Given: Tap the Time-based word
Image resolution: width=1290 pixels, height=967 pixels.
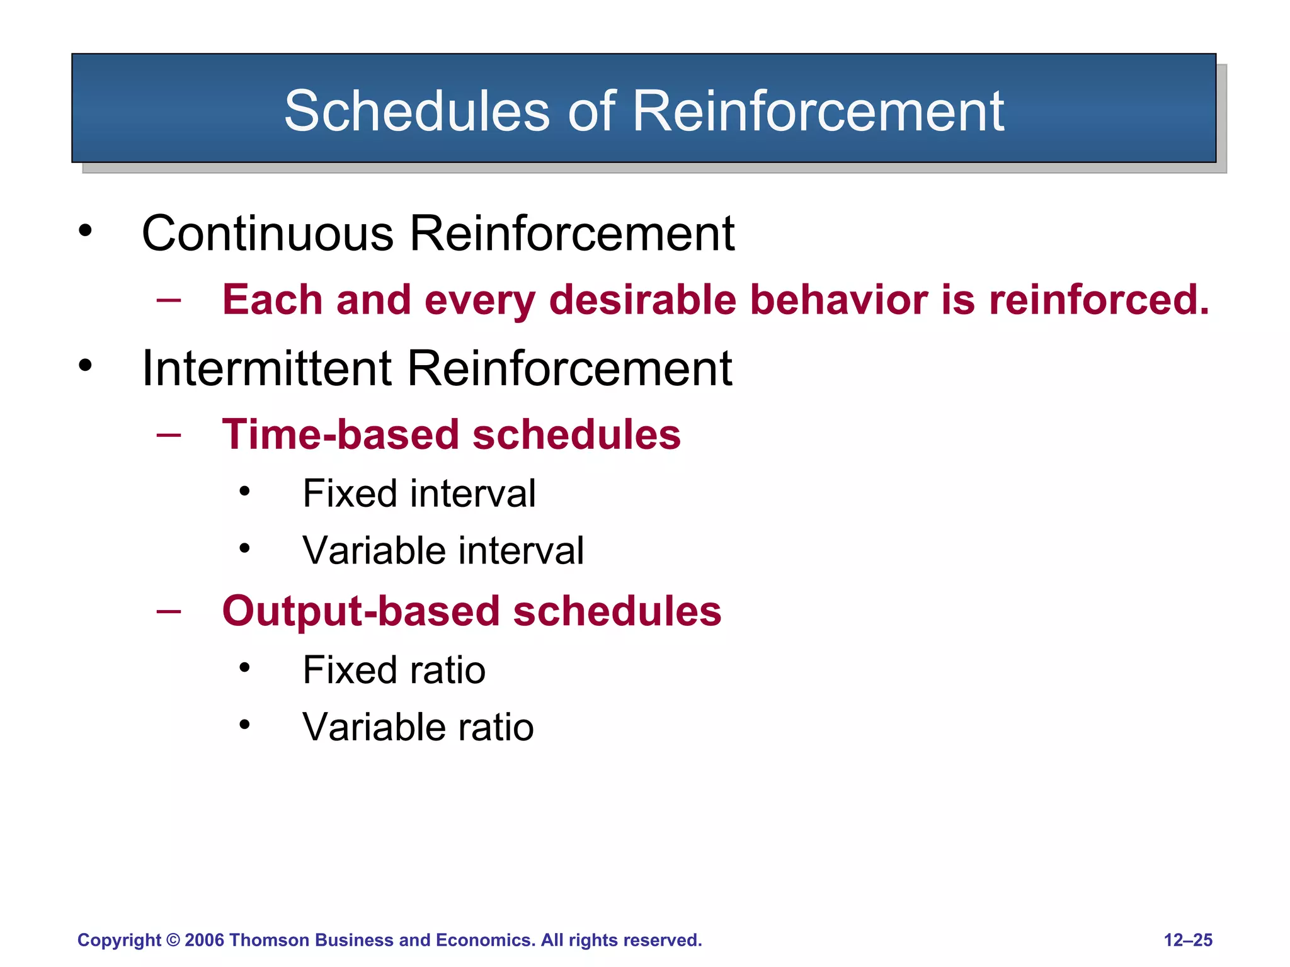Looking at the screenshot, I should (340, 434).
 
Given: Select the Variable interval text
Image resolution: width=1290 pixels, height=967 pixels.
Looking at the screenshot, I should (443, 550).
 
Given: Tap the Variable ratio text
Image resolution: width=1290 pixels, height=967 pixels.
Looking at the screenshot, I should (418, 727).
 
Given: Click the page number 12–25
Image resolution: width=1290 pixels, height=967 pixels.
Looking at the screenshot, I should (1187, 940).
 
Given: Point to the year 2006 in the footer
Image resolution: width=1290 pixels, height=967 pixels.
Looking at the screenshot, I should (204, 940).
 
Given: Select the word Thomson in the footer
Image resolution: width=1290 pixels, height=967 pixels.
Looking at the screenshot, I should (269, 940).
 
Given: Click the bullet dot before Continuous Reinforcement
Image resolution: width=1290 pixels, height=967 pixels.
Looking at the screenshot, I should (85, 231).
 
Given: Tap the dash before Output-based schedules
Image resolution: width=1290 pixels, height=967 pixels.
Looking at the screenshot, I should (169, 611).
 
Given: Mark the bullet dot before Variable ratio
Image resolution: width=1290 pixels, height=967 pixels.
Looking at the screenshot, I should (244, 725).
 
